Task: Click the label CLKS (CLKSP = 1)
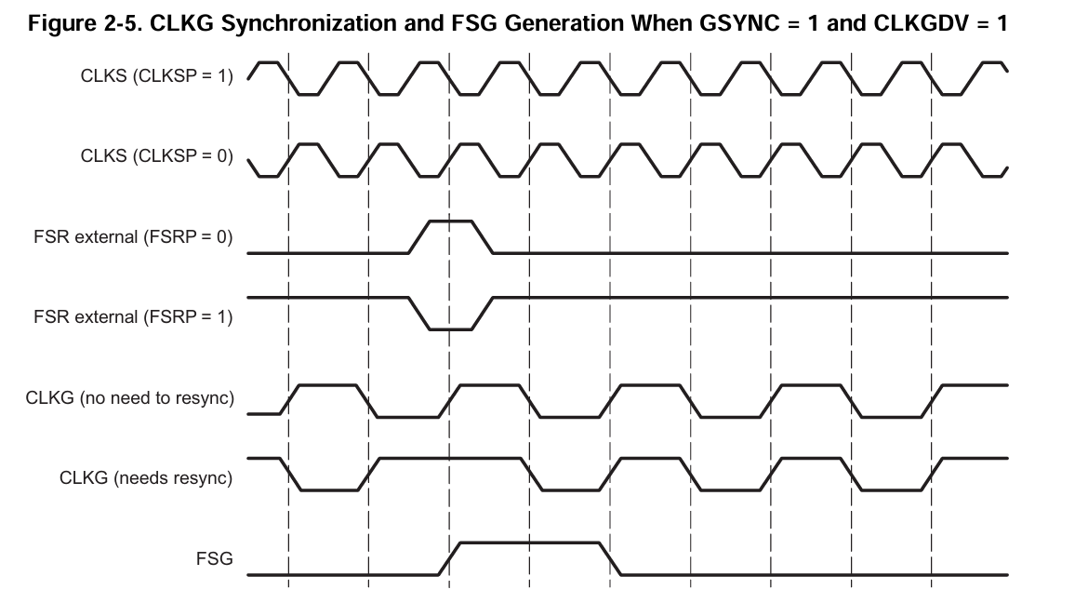[156, 77]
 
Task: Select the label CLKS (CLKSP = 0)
[156, 157]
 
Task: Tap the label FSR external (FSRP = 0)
[133, 237]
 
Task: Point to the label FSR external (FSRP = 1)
[133, 317]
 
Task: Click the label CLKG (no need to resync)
[130, 399]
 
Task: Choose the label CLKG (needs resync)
[146, 479]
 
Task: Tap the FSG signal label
[214, 559]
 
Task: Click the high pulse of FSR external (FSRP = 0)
[450, 221]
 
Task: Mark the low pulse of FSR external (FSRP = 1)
[450, 328]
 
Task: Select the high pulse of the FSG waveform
[530, 543]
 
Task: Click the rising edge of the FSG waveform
[450, 558]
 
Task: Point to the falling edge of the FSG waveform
[610, 558]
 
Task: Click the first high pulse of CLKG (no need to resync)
[325, 383]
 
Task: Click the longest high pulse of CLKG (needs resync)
[450, 458]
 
